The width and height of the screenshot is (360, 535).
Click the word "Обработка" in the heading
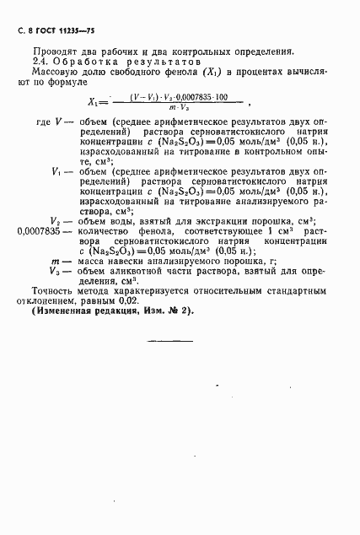[x=89, y=62]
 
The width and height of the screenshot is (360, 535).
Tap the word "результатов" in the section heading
[x=164, y=62]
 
